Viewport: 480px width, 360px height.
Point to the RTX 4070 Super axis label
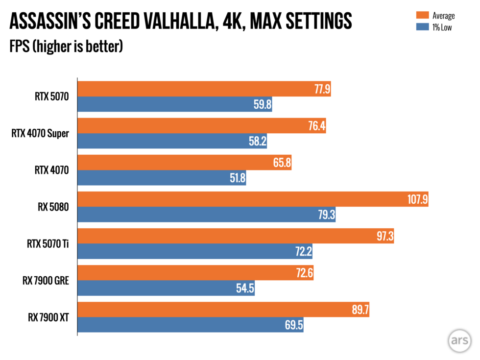click(x=40, y=133)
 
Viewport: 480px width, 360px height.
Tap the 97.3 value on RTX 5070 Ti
click(x=382, y=237)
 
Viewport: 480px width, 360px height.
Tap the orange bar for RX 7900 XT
click(x=206, y=310)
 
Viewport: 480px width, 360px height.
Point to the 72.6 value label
click(x=301, y=273)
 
